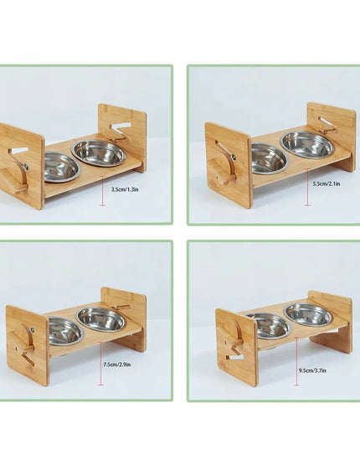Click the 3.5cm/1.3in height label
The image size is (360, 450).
[x=125, y=189]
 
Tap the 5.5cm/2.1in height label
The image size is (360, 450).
[x=327, y=184]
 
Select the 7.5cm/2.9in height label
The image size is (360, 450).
[x=117, y=365]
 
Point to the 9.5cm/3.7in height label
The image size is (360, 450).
[x=312, y=370]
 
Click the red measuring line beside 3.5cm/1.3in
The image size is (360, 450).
[x=103, y=191]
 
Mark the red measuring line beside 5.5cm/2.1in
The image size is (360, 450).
[x=308, y=187]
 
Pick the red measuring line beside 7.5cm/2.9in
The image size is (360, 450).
[x=100, y=364]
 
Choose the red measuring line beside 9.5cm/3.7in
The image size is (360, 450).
[x=296, y=361]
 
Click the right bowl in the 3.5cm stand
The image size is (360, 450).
[x=99, y=153]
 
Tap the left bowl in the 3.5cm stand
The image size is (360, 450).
[x=62, y=168]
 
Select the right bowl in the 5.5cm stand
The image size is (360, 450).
[x=307, y=145]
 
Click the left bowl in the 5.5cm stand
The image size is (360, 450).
[x=269, y=158]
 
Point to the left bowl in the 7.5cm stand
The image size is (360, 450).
[x=66, y=331]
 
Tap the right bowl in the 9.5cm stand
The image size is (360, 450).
[x=308, y=314]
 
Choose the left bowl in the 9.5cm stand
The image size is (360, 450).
[x=271, y=326]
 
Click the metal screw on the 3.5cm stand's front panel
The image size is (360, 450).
[x=26, y=166]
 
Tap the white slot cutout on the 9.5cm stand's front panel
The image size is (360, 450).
[x=235, y=358]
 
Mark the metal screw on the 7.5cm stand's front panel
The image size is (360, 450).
[x=32, y=331]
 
